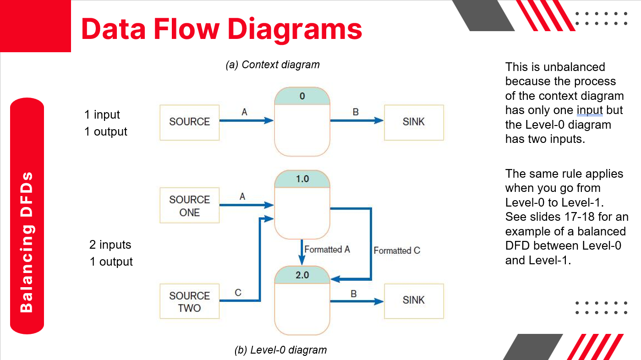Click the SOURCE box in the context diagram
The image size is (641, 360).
coord(189,122)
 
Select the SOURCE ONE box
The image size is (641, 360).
coord(189,206)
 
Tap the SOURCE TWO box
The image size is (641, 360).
coord(189,301)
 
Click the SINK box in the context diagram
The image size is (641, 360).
coord(414,122)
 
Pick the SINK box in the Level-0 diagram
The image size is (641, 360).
coord(414,300)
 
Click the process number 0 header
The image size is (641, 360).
coord(302,97)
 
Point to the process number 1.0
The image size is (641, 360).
coord(302,179)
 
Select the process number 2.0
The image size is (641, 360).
coord(302,275)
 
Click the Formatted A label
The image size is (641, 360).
coord(327,250)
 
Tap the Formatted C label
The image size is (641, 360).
coord(397,251)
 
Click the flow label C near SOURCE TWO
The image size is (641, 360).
coord(238,293)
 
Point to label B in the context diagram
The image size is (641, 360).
coord(356,112)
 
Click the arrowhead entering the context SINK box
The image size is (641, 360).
coord(379,121)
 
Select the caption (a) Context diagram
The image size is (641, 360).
coord(273,65)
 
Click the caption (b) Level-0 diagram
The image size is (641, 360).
coord(280,350)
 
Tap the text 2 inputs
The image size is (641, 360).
coord(110,245)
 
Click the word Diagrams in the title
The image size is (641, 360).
coord(295,28)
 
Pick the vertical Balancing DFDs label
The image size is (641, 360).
coord(27,242)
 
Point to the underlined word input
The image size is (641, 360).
coord(589,110)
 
